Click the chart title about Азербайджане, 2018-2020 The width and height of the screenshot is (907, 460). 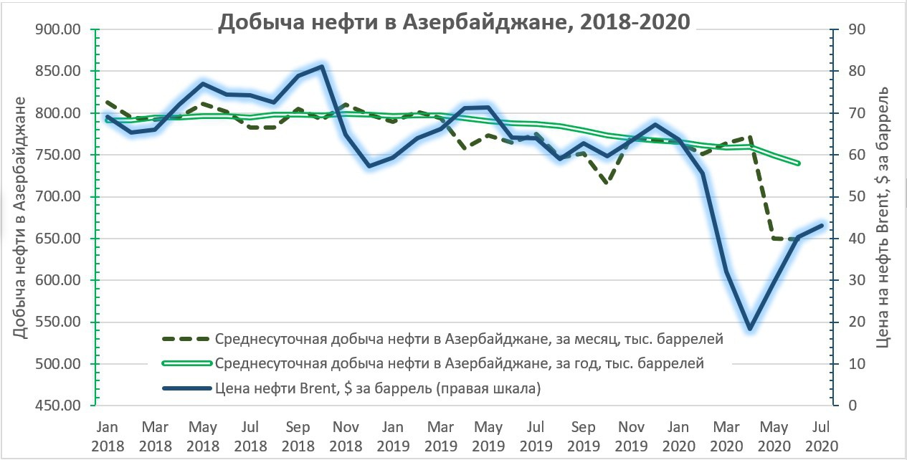point(453,21)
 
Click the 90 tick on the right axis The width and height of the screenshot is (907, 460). point(857,29)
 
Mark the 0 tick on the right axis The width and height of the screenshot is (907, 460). point(853,406)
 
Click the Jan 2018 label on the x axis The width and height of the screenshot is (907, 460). point(108,435)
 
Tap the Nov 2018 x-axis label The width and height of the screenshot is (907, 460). point(345,435)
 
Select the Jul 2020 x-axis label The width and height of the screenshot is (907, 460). point(821,435)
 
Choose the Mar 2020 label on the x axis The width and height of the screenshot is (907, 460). point(726,435)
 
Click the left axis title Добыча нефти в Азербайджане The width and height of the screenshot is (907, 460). point(21,217)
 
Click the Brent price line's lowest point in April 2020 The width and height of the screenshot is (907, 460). point(749,329)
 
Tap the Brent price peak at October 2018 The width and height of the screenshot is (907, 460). point(321,67)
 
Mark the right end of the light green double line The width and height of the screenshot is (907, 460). point(798,163)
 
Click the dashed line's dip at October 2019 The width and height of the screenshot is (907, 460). point(607,183)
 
